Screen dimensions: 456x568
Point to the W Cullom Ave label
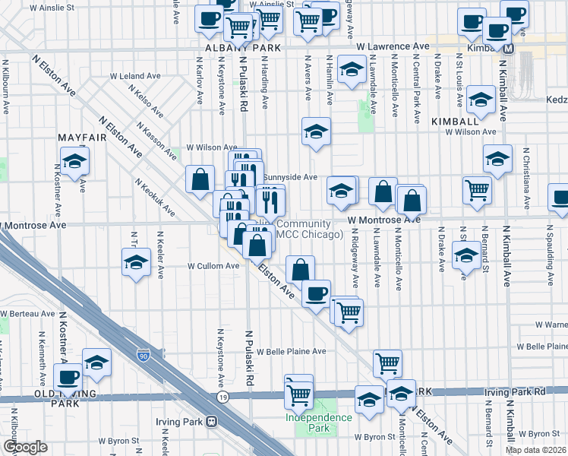click(213, 266)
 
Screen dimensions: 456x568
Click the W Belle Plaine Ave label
click(291, 352)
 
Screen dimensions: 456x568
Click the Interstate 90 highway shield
click(144, 355)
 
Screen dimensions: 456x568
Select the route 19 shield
click(222, 397)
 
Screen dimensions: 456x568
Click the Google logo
click(25, 447)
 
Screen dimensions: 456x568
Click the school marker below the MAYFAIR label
click(75, 161)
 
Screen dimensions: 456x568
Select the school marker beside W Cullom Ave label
click(136, 264)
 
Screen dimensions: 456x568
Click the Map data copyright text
click(535, 450)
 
